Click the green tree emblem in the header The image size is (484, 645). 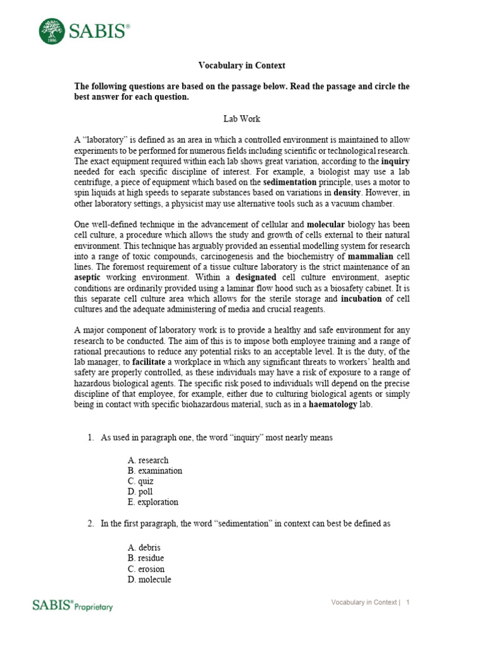pos(52,31)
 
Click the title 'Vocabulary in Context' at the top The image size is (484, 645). pos(242,66)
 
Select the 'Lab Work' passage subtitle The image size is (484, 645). pos(242,118)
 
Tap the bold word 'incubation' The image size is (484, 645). pos(359,298)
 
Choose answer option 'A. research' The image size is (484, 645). pos(148,460)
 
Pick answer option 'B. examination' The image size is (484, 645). pos(154,471)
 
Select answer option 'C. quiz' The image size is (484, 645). pos(141,481)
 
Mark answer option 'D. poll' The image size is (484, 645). pos(140,491)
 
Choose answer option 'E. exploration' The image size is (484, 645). pos(153,502)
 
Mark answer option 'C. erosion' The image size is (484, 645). pos(146,569)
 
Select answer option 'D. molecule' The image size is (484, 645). pos(149,579)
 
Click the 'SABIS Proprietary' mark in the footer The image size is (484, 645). pos(72,605)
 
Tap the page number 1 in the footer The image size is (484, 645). pos(408,603)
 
